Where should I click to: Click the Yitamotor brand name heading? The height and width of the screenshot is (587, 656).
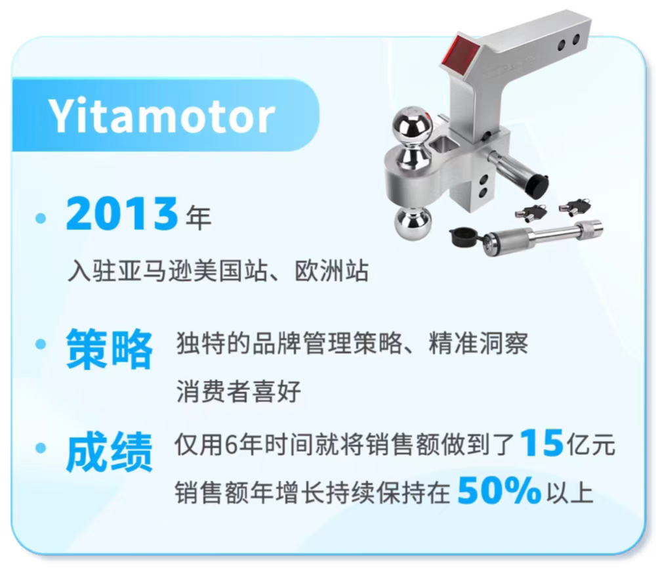(162, 116)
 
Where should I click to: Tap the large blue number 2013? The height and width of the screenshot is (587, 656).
(122, 213)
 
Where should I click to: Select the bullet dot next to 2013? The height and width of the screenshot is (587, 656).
(41, 218)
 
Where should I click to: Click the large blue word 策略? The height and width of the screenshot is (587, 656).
(109, 349)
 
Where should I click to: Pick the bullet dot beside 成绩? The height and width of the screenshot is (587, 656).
(41, 448)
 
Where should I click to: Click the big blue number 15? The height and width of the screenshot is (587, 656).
(542, 443)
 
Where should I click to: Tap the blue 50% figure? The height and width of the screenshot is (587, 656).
(499, 490)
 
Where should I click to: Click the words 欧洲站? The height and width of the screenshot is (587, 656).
(332, 271)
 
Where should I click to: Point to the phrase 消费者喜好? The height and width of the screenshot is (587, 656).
(239, 391)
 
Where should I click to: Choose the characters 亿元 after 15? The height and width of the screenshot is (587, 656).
(590, 445)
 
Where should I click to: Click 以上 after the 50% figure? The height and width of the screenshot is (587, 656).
(570, 492)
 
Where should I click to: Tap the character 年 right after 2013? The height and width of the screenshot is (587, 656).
(198, 217)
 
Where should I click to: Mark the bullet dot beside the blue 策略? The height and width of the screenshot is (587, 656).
(41, 344)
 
